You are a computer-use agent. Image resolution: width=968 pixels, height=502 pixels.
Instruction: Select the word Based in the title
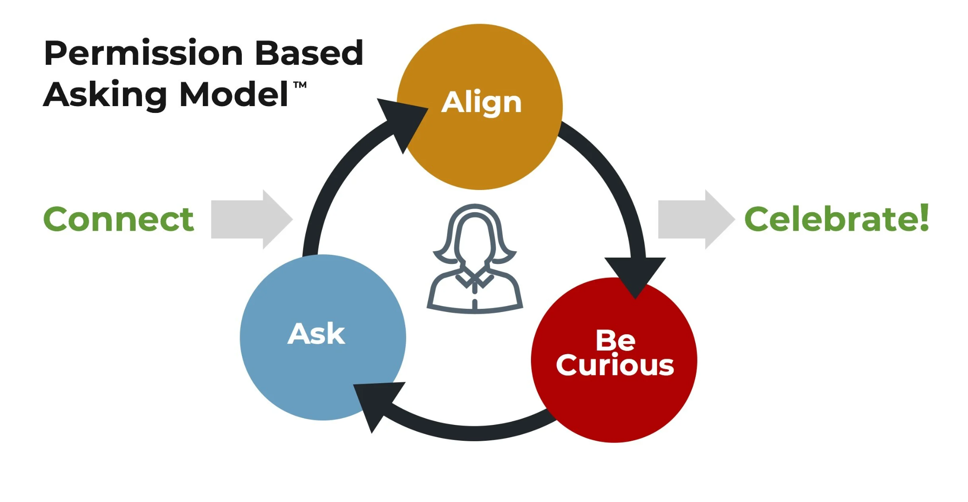click(309, 54)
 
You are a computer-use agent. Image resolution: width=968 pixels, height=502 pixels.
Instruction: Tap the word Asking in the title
click(105, 95)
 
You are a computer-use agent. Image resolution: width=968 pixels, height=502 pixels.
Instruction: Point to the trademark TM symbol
click(300, 85)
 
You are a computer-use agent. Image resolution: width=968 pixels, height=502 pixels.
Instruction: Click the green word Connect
click(118, 219)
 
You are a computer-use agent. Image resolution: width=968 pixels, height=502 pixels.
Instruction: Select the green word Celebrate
click(831, 219)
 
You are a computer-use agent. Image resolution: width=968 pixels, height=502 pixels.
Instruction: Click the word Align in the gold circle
click(482, 103)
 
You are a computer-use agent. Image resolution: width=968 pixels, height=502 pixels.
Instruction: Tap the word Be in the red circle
click(615, 340)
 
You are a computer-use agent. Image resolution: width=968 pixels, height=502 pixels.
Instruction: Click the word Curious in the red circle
click(615, 366)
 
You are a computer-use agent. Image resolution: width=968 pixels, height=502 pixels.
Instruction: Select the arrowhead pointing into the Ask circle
click(377, 401)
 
